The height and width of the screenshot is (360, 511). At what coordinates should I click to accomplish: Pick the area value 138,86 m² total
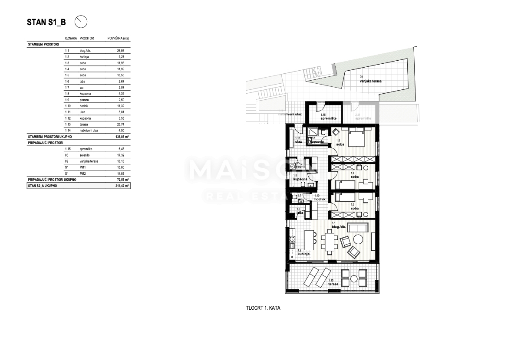123,136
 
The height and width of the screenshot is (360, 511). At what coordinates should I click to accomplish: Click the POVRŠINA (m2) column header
118,38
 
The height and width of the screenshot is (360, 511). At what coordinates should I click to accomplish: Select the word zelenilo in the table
85,155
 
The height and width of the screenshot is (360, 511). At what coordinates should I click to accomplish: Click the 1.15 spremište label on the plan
326,117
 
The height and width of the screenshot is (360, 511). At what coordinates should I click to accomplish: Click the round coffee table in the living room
359,239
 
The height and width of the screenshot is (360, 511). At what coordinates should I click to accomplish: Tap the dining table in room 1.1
330,241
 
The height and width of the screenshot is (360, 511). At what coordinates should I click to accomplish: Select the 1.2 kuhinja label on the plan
303,252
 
